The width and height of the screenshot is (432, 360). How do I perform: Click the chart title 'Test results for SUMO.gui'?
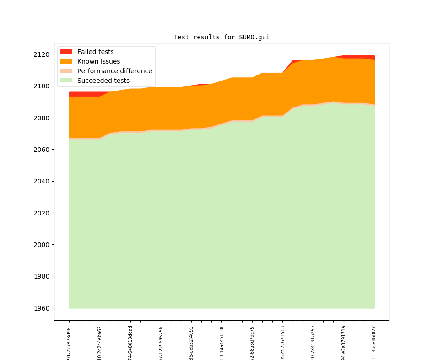click(x=221, y=37)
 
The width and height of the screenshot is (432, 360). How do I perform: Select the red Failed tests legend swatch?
click(x=66, y=52)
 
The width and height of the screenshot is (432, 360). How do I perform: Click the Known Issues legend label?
click(x=98, y=61)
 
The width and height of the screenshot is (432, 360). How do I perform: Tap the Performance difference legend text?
click(x=114, y=71)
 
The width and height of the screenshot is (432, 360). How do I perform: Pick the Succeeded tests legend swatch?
click(x=66, y=81)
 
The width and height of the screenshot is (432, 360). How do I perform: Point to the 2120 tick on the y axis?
click(x=42, y=54)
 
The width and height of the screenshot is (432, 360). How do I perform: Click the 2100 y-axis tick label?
click(x=42, y=86)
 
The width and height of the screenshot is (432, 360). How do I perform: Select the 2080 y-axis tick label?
click(x=42, y=118)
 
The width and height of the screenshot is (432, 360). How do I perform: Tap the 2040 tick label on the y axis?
click(x=42, y=181)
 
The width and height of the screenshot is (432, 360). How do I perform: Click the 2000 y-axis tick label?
click(x=42, y=245)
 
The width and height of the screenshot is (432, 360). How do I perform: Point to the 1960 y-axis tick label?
click(x=42, y=308)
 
